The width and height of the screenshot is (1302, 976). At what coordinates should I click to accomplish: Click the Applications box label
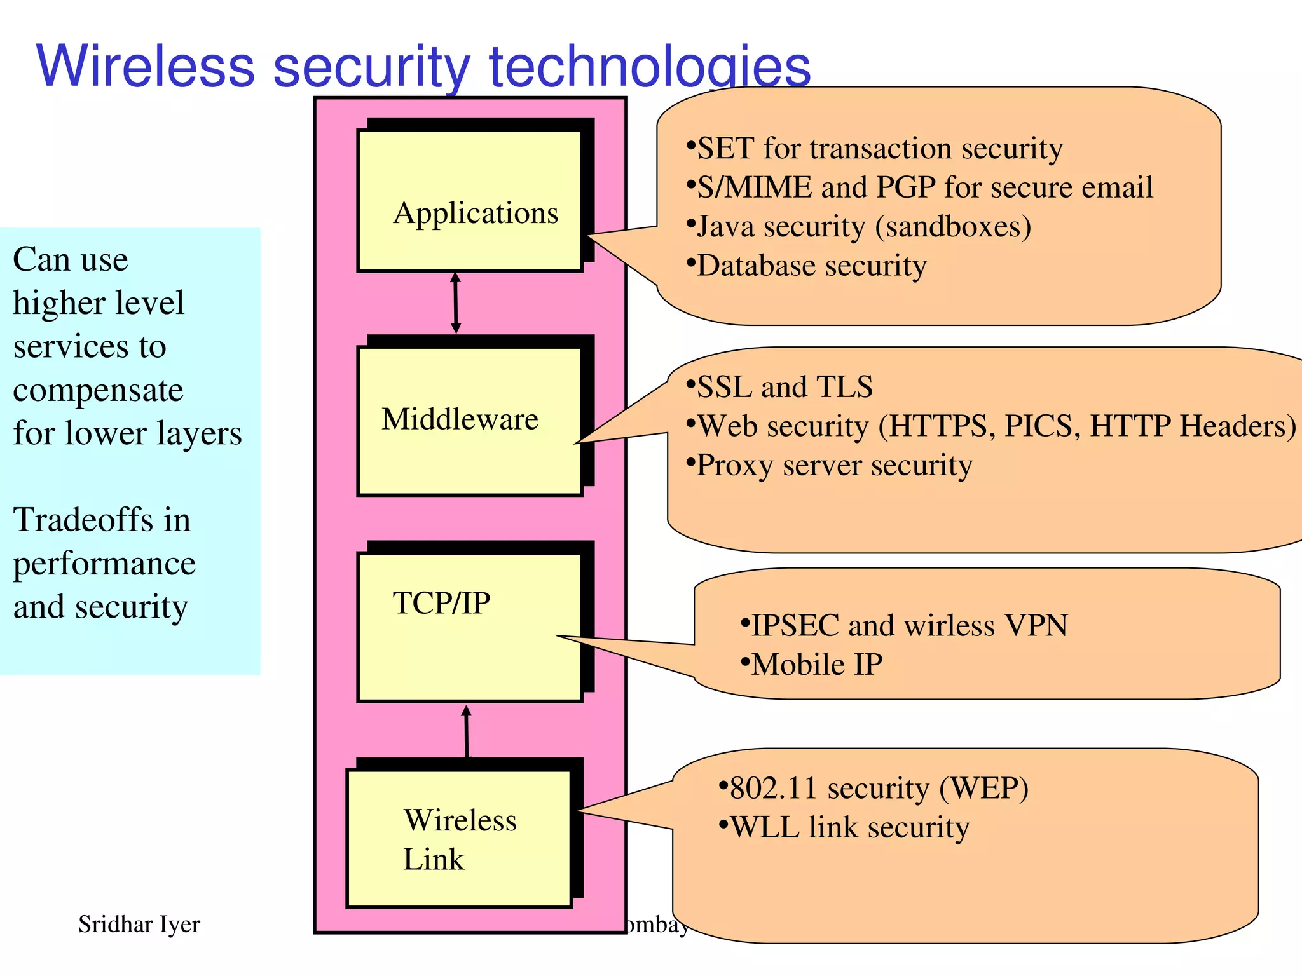476,213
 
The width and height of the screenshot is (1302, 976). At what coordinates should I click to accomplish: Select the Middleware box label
460,419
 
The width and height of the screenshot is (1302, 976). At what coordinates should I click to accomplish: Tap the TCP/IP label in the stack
441,603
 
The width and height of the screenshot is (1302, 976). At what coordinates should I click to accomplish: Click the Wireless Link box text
459,839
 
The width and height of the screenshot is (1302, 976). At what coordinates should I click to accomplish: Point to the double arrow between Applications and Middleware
455,303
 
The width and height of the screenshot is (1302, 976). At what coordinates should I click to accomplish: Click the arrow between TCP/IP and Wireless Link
467,731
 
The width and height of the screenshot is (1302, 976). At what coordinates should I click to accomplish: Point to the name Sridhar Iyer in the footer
139,925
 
